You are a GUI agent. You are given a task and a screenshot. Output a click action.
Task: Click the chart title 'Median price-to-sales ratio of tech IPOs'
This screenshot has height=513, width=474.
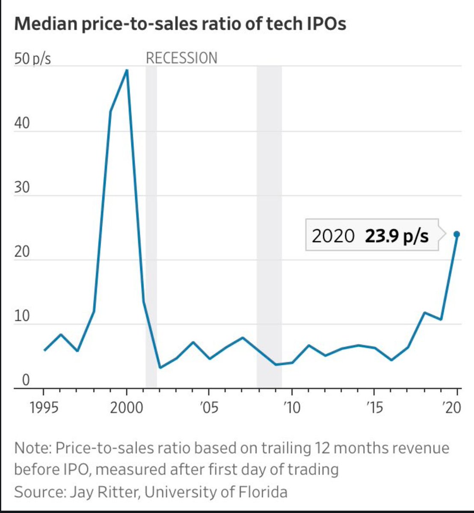[180, 24]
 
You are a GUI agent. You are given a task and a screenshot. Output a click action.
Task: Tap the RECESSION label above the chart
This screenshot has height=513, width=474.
[181, 58]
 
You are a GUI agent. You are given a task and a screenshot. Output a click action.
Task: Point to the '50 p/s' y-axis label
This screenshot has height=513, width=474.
[33, 58]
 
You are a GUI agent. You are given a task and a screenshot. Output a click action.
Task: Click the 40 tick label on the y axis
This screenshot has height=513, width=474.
[22, 124]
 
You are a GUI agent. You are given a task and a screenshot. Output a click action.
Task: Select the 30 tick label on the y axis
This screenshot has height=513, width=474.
[22, 188]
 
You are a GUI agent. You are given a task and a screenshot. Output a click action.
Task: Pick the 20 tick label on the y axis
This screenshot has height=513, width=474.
[22, 252]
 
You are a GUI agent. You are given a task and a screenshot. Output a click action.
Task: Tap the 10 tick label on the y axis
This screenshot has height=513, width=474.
[22, 316]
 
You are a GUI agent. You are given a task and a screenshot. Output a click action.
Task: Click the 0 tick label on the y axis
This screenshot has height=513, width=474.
[26, 380]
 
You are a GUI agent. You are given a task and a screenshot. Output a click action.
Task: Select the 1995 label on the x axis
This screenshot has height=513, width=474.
[44, 407]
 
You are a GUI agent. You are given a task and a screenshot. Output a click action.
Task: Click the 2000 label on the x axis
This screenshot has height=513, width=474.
[127, 407]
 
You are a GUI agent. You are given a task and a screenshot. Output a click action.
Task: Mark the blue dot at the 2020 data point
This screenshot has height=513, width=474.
[457, 234]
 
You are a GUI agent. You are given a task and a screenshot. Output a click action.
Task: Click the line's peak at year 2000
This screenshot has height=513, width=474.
[127, 70]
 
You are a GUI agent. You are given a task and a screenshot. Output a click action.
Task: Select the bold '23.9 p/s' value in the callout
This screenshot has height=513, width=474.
[397, 236]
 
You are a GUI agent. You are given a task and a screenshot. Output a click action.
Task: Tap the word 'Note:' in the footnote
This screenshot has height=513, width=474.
[33, 448]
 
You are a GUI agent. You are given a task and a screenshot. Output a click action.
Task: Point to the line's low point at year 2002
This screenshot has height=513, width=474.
[160, 367]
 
